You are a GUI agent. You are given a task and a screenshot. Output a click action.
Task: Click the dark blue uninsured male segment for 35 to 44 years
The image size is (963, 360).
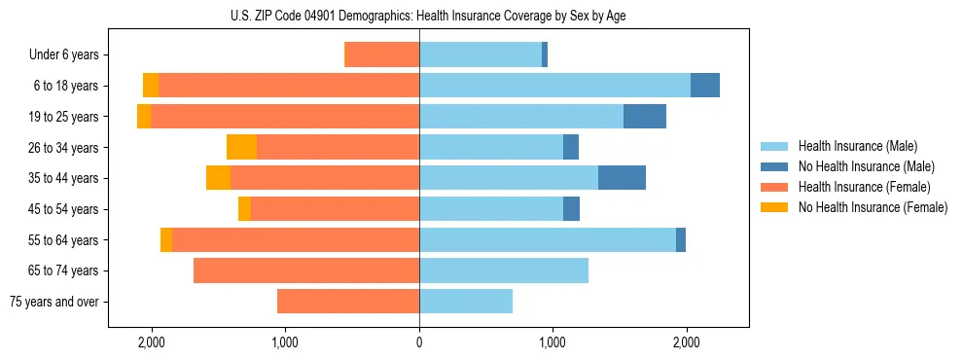622,178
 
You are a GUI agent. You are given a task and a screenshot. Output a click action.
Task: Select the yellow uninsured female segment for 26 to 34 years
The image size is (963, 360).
241,147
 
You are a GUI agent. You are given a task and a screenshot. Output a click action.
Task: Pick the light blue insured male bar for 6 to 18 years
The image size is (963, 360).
554,86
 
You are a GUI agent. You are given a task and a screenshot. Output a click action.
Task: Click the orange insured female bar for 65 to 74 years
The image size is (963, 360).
306,270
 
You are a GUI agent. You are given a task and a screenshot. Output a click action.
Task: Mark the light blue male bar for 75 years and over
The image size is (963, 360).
466,302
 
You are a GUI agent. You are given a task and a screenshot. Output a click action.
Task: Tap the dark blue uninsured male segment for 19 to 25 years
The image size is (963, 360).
645,117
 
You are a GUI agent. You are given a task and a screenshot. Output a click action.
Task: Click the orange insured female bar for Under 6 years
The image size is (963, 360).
382,54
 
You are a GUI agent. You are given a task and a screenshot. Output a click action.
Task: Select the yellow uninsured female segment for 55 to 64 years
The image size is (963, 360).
166,239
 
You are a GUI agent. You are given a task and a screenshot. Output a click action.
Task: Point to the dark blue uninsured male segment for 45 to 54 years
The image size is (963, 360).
571,209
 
